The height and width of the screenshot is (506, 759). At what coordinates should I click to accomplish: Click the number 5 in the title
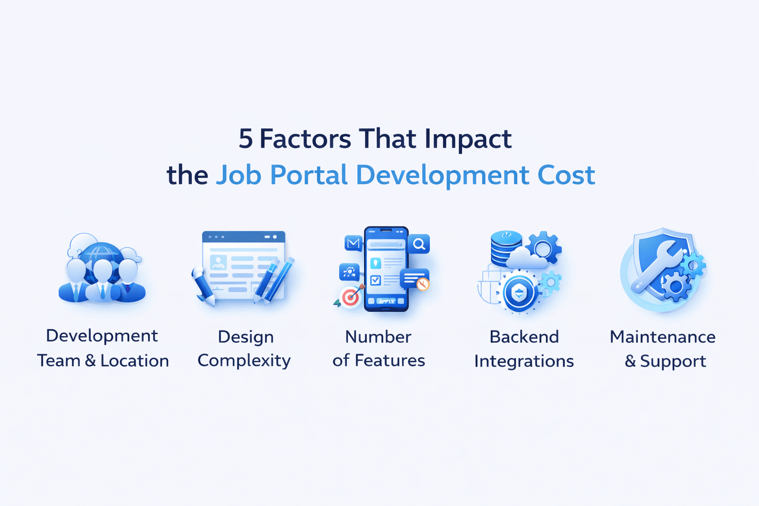point(246,139)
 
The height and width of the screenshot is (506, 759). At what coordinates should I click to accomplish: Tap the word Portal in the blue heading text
point(309,175)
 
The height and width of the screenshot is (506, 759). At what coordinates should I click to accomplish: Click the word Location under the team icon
point(134,361)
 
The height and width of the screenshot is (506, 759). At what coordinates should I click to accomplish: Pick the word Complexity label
point(244,361)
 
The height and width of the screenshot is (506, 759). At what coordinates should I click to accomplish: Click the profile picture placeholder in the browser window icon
point(218,262)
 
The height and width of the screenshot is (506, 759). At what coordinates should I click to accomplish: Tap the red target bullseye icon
point(350,297)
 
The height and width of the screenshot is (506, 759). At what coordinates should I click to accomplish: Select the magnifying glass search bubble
point(419,244)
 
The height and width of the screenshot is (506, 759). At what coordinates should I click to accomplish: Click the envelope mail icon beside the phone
point(353,243)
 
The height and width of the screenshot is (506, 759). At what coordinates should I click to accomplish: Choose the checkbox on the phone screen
point(376,280)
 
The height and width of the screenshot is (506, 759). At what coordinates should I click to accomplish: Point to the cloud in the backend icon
point(526,259)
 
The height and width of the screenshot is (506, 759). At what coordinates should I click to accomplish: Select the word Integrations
point(524,361)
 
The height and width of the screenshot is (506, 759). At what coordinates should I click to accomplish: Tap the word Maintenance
point(663,337)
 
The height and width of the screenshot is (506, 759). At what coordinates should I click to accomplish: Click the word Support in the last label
point(673,361)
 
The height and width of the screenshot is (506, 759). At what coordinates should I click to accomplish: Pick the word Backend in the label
point(524,337)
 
